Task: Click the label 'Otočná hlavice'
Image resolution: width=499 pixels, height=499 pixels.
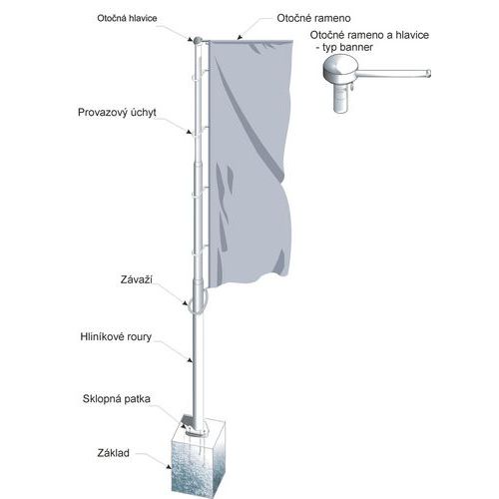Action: pos(127,18)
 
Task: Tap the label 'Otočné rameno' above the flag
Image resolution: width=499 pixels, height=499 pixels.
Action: pos(313,18)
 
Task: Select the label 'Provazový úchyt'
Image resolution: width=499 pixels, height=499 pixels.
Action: pos(117,113)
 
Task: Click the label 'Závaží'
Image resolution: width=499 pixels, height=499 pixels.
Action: pos(137,279)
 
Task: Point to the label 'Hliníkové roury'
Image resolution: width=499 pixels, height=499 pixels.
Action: pos(116,336)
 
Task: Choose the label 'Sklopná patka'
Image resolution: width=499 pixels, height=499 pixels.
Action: pos(116,398)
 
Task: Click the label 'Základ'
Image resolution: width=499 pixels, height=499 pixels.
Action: pos(114,453)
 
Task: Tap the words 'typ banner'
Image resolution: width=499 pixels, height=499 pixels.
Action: pos(347,47)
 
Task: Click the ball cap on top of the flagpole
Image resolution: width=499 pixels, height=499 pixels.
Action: pos(198,40)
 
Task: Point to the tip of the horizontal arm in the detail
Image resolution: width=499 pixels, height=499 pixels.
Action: pos(429,73)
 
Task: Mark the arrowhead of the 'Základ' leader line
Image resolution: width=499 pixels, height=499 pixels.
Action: pos(169,467)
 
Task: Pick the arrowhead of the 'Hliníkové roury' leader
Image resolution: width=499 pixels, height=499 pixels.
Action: pos(190,359)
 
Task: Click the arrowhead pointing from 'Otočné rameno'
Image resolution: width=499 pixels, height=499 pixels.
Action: pos(239,38)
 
